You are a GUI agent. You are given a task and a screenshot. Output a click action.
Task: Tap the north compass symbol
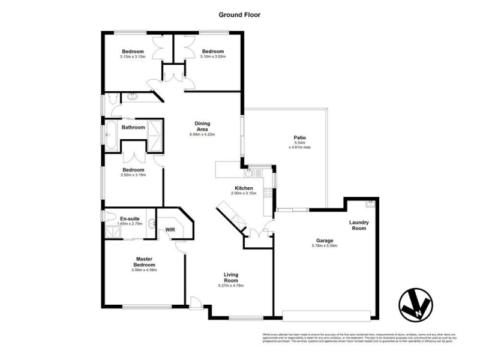tap(416, 305)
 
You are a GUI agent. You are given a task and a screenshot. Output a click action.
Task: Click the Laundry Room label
tap(359, 226)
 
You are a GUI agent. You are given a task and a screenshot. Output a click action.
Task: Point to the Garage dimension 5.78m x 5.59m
tap(328, 246)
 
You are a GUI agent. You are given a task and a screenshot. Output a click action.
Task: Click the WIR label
tap(170, 229)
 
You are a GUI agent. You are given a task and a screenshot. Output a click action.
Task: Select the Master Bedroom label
tap(143, 262)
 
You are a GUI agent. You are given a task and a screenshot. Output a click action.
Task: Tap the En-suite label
tap(131, 218)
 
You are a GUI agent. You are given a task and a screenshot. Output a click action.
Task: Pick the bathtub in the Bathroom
tap(110, 135)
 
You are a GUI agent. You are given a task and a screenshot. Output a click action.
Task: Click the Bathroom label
tap(133, 127)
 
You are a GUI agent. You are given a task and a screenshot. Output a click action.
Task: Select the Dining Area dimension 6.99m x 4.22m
tap(202, 134)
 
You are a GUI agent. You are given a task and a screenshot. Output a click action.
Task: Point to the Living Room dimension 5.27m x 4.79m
tap(231, 286)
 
